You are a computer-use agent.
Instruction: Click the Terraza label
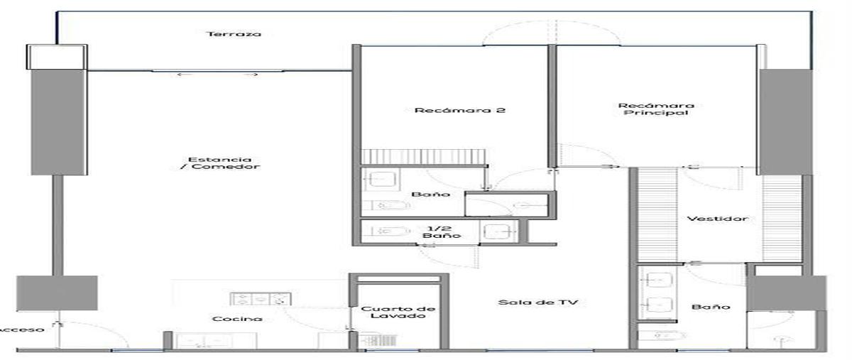(x=234, y=34)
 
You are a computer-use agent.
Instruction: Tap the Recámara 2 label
(x=460, y=110)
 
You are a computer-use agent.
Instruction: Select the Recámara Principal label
(x=656, y=109)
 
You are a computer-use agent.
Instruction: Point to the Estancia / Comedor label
(x=220, y=163)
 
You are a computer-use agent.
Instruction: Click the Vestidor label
(x=717, y=219)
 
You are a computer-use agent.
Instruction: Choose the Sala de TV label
(x=538, y=302)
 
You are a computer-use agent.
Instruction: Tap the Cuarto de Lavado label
(x=398, y=312)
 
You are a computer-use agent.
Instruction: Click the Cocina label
(x=237, y=319)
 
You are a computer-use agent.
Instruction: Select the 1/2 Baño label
(x=442, y=232)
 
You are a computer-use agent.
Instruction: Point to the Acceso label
(x=22, y=329)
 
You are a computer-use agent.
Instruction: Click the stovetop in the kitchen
(x=261, y=299)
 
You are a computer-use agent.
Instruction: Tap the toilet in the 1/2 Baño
(x=390, y=231)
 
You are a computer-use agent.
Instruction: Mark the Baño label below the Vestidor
(x=711, y=307)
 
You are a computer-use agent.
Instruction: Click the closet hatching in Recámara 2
(x=423, y=157)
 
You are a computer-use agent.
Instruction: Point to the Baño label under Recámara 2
(x=430, y=195)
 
